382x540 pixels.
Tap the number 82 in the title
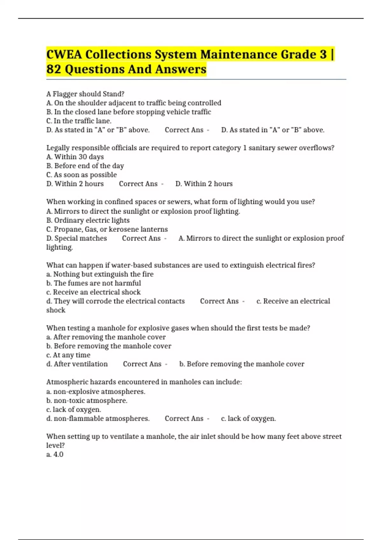[x=53, y=69]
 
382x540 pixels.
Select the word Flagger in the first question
[x=64, y=94]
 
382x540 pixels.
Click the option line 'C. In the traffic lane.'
[x=79, y=121]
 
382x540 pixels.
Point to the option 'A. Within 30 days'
[x=75, y=157]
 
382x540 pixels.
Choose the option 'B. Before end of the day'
[x=85, y=166]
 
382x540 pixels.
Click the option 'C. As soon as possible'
[x=81, y=175]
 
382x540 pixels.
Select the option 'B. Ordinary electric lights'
[x=88, y=220]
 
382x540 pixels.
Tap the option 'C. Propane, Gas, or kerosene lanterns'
[x=107, y=229]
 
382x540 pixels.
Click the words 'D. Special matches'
[x=76, y=238]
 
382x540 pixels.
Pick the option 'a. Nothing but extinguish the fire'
[x=100, y=274]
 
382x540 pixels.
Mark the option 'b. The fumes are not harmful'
[x=94, y=283]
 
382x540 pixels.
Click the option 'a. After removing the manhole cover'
[x=106, y=337]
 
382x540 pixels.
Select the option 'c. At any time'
[x=68, y=355]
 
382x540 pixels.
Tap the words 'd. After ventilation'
[x=77, y=364]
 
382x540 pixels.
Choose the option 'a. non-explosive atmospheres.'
[x=95, y=392]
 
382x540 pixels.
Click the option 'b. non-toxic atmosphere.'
[x=87, y=401]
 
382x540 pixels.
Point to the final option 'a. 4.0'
[x=55, y=455]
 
